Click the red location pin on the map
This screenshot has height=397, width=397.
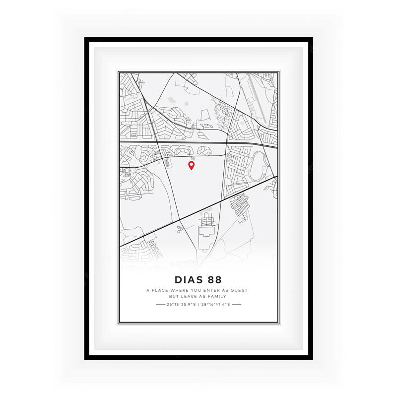click(191, 165)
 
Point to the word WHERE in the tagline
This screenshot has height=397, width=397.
click(182, 290)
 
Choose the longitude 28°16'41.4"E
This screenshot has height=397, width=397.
click(215, 304)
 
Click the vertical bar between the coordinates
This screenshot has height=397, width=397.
click(198, 304)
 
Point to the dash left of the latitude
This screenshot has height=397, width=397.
click(160, 304)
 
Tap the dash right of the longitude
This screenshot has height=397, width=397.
click(236, 304)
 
